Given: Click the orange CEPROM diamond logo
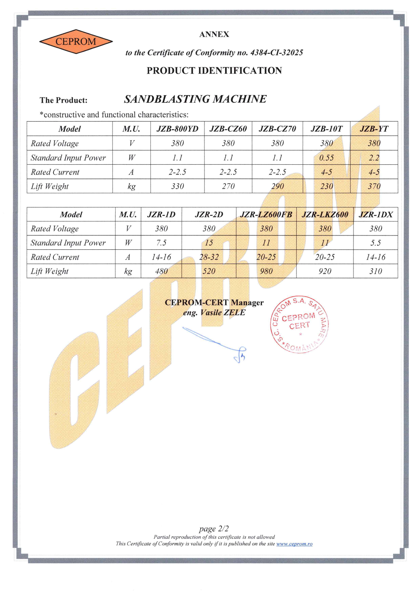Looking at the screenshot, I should point(76,42).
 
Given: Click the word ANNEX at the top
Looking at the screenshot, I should point(214,34).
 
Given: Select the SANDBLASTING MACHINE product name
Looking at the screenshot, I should point(195,99).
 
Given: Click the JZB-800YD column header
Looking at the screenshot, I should point(177,129).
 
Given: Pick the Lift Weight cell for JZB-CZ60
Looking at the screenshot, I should point(228,186).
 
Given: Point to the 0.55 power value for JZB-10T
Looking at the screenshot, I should point(326,157).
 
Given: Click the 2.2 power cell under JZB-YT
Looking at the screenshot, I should point(374,157).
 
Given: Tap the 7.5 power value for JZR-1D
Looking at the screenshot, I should point(161,243).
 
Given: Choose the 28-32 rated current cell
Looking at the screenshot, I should point(209,257).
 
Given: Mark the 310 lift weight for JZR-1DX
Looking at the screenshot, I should point(375,271).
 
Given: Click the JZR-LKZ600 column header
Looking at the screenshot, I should point(325,214).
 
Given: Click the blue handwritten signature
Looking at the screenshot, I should point(215,343).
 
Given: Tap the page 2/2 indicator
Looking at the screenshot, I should point(214,529).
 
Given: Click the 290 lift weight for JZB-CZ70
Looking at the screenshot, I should point(277,186).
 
